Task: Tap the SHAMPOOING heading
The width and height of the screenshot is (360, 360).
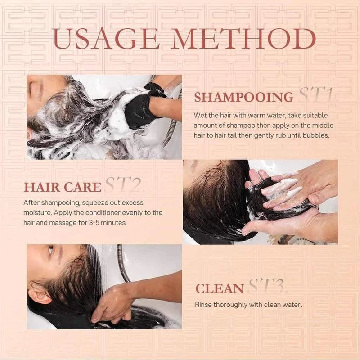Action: coord(243,98)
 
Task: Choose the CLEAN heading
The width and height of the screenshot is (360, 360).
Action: coord(220,288)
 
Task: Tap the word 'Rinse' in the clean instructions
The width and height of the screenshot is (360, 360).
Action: coord(203,305)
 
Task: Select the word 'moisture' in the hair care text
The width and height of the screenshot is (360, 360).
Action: coord(37,212)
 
